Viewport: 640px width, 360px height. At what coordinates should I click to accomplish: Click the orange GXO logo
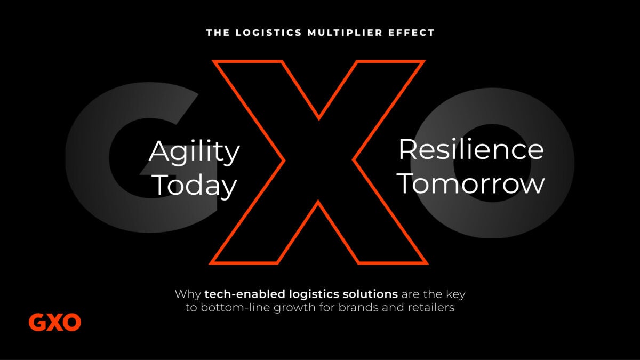(55, 322)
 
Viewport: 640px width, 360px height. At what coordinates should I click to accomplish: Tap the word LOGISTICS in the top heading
(269, 33)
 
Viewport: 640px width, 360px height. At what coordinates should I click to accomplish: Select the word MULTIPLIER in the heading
(345, 33)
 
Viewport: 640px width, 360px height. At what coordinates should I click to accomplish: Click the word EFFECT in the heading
(411, 33)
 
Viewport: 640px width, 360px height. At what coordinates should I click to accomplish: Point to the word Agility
(194, 152)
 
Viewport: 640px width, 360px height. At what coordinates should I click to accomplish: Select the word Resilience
(471, 149)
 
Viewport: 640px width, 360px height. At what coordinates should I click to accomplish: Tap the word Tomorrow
(471, 183)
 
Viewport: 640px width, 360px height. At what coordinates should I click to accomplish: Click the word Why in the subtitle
(188, 294)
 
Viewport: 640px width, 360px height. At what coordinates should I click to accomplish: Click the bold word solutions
(370, 294)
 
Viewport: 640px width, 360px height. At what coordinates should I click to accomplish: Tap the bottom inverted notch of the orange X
(318, 201)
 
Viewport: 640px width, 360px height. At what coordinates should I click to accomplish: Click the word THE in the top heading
(218, 33)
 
